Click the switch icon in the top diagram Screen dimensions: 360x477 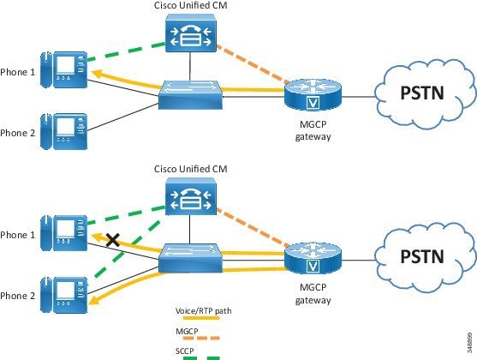click(192, 94)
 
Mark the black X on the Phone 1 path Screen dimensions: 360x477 click(112, 241)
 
